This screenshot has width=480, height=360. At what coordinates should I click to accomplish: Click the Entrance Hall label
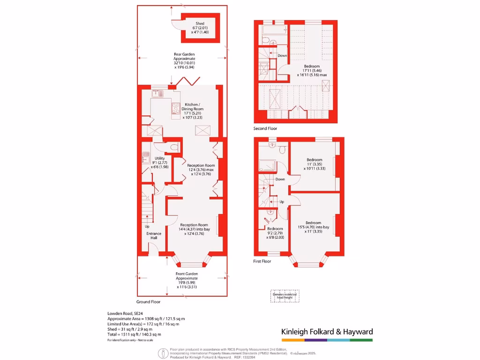pyautogui.click(x=153, y=236)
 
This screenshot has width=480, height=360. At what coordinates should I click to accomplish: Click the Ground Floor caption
pyautogui.click(x=148, y=302)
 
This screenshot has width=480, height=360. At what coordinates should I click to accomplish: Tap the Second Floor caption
pyautogui.click(x=265, y=128)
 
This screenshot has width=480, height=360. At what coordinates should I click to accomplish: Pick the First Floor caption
pyautogui.click(x=262, y=261)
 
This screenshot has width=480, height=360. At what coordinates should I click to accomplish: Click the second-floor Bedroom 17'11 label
pyautogui.click(x=312, y=70)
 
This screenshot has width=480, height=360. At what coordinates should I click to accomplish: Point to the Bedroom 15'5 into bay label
pyautogui.click(x=313, y=227)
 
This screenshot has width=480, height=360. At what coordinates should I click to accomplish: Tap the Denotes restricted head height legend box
pyautogui.click(x=285, y=295)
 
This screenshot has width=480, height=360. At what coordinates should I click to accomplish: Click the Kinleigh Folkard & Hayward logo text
pyautogui.click(x=327, y=332)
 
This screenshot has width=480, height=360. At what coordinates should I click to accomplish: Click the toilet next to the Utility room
pyautogui.click(x=174, y=147)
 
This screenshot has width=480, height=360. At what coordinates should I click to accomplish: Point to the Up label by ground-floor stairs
pyautogui.click(x=147, y=226)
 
